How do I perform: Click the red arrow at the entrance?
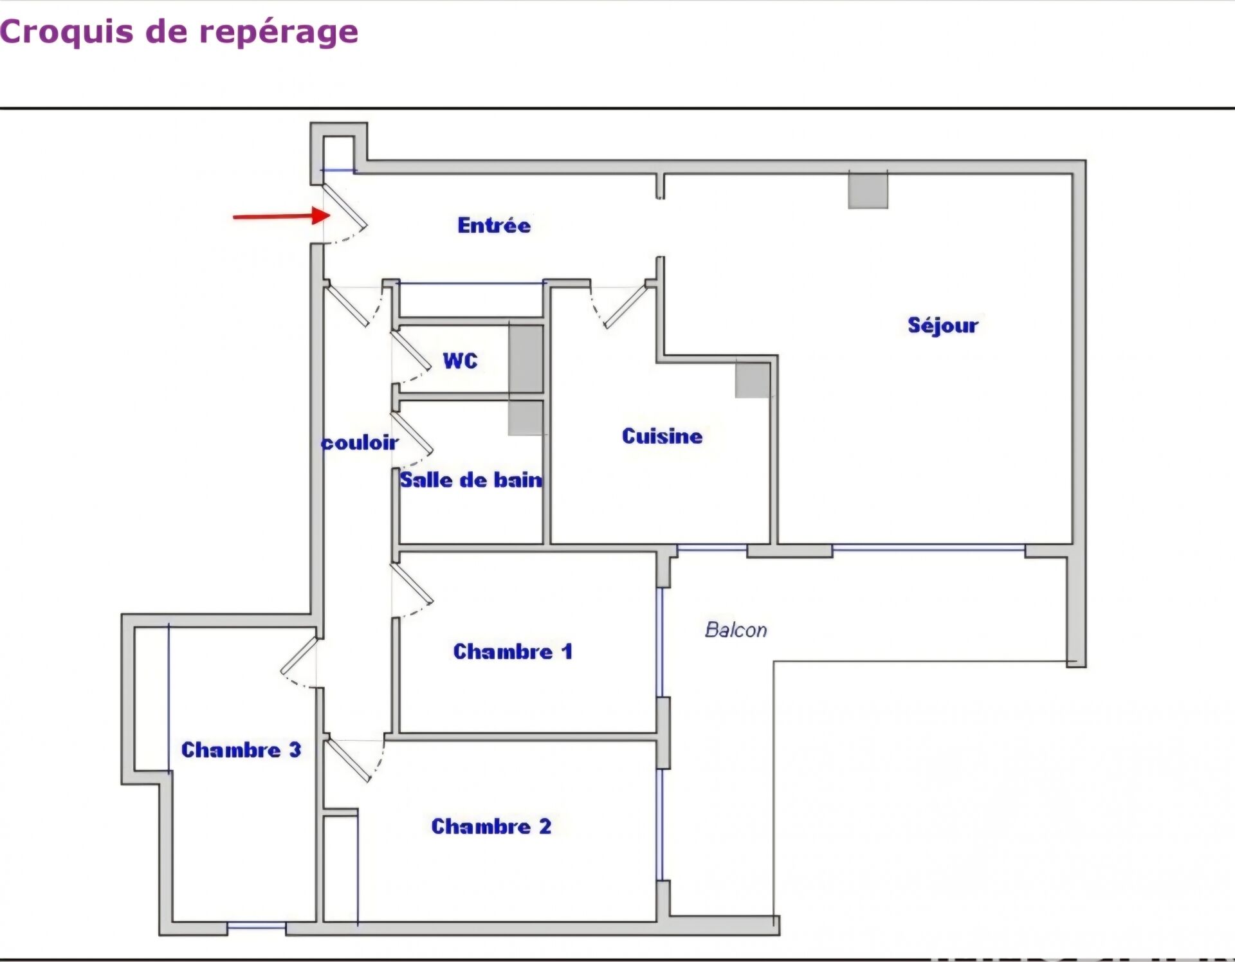pos(282,215)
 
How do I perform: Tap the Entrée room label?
pos(494,225)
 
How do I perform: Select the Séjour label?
pos(943,325)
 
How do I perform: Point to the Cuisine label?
pos(662,436)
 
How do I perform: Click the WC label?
pos(461,361)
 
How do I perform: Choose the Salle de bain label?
pos(471,480)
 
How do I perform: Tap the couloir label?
pos(360,442)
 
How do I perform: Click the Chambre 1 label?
pos(513,651)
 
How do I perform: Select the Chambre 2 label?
pos(491,826)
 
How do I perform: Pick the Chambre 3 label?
pos(241,750)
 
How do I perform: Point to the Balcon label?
pos(736,630)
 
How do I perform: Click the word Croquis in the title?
pos(66,32)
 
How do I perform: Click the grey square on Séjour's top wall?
pos(868,190)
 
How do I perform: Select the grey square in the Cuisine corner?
pos(753,379)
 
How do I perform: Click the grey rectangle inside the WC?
pos(526,358)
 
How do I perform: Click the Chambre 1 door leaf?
pos(412,584)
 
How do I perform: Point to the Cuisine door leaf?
pos(625,305)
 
